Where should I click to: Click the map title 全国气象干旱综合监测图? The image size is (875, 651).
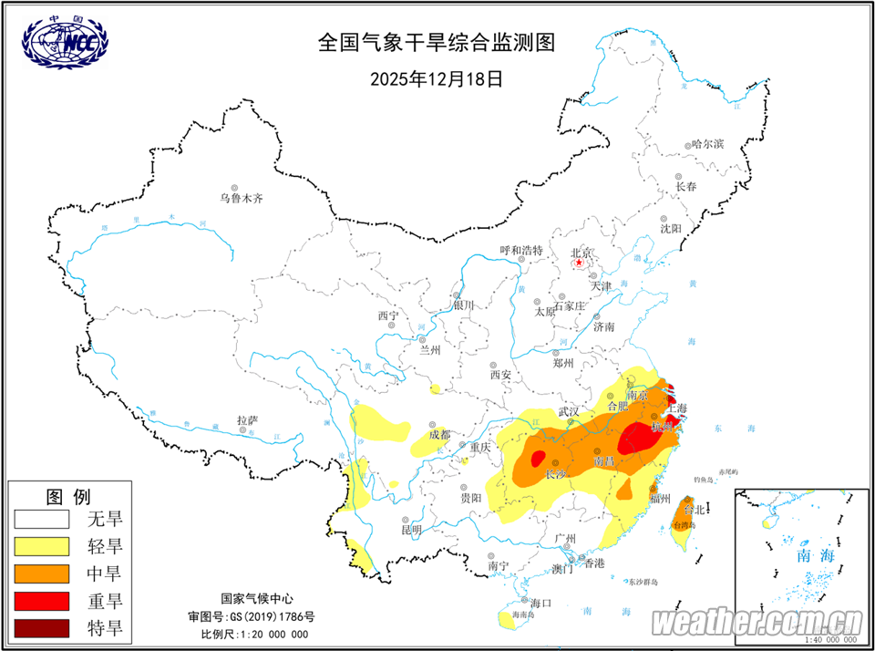(x=436, y=42)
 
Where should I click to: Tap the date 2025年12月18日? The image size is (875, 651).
(x=436, y=78)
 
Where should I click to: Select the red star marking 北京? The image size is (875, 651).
(x=580, y=264)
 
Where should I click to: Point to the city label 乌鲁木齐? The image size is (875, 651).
(x=241, y=198)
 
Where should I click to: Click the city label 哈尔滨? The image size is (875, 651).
(x=707, y=144)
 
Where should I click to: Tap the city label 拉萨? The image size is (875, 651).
(x=248, y=420)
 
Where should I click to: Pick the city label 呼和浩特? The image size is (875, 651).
(x=521, y=250)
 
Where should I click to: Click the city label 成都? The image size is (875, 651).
(x=439, y=434)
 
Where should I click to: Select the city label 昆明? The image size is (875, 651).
(x=411, y=529)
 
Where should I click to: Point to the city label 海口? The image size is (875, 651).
(x=541, y=603)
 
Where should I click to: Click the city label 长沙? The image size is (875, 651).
(x=556, y=474)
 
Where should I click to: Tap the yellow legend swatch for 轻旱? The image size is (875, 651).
(x=42, y=546)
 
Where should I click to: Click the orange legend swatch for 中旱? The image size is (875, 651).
(x=42, y=573)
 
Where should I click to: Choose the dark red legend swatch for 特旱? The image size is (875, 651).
(x=42, y=628)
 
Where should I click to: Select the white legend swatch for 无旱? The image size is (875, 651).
(x=42, y=520)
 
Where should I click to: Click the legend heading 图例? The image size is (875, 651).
(x=68, y=497)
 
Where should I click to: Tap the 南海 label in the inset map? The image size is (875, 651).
(x=816, y=554)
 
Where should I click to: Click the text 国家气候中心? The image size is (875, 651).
(x=257, y=599)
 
